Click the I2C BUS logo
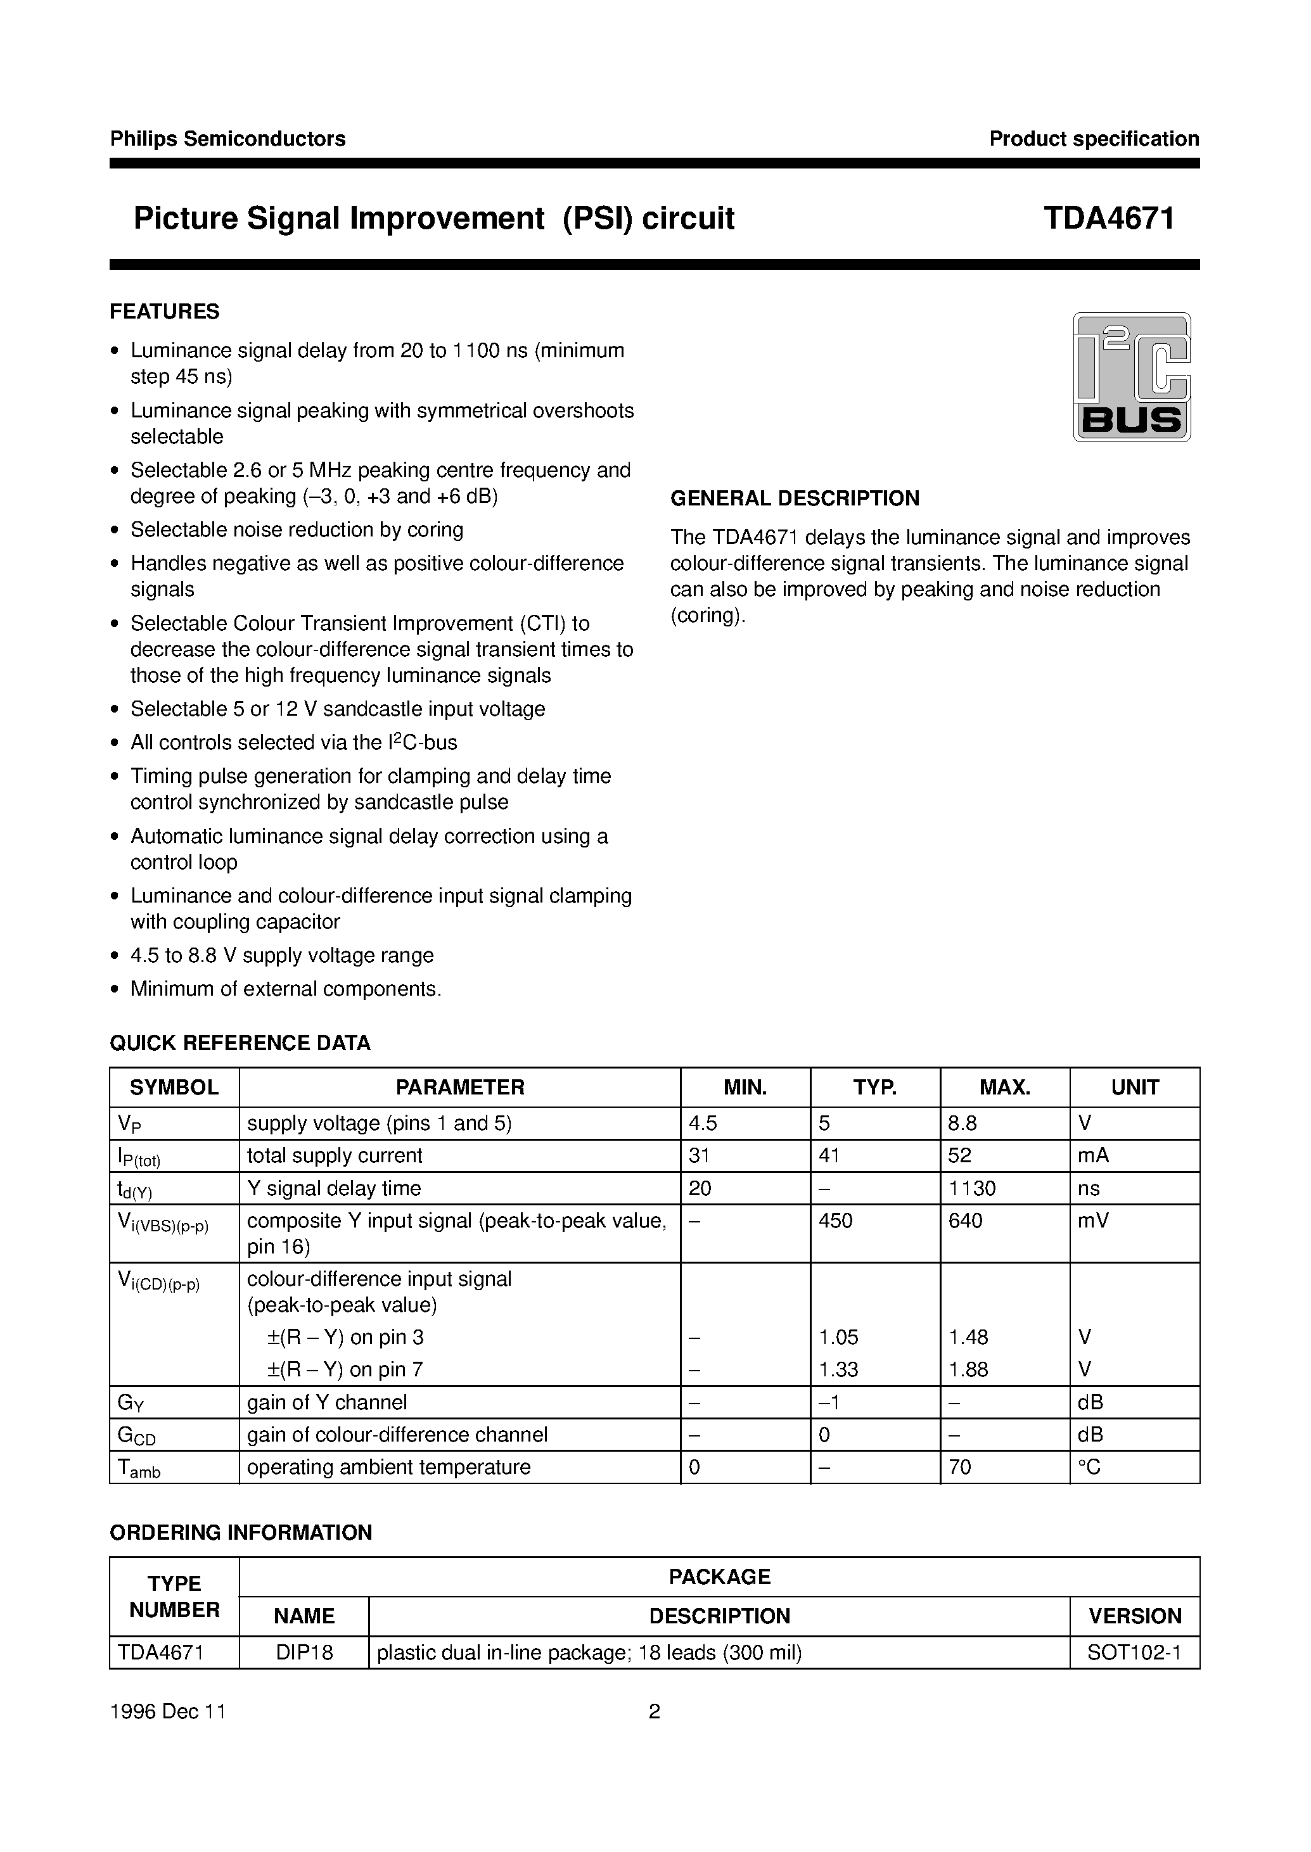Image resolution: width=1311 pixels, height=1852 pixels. pyautogui.click(x=1131, y=377)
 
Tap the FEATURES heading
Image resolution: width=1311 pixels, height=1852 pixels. pyautogui.click(x=165, y=312)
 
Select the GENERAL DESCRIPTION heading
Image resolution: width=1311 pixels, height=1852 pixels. pyautogui.click(x=795, y=498)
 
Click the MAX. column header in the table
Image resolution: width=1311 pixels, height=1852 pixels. pyautogui.click(x=1004, y=1087)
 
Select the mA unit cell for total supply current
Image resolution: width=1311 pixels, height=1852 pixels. pyautogui.click(x=1093, y=1155)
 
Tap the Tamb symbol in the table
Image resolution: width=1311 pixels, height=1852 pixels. pyautogui.click(x=139, y=1469)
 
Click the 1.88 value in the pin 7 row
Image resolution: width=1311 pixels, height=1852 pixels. pyautogui.click(x=968, y=1369)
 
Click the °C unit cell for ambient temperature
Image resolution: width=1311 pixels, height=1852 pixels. pyautogui.click(x=1089, y=1467)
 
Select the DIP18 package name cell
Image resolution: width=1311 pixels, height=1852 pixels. pyautogui.click(x=304, y=1652)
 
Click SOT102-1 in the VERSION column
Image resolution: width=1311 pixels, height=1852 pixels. pyautogui.click(x=1134, y=1652)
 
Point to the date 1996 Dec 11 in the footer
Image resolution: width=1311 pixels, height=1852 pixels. pyautogui.click(x=168, y=1711)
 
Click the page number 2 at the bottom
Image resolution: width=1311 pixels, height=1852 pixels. pyautogui.click(x=655, y=1711)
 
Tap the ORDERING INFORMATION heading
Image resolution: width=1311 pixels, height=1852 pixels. pyautogui.click(x=241, y=1532)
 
